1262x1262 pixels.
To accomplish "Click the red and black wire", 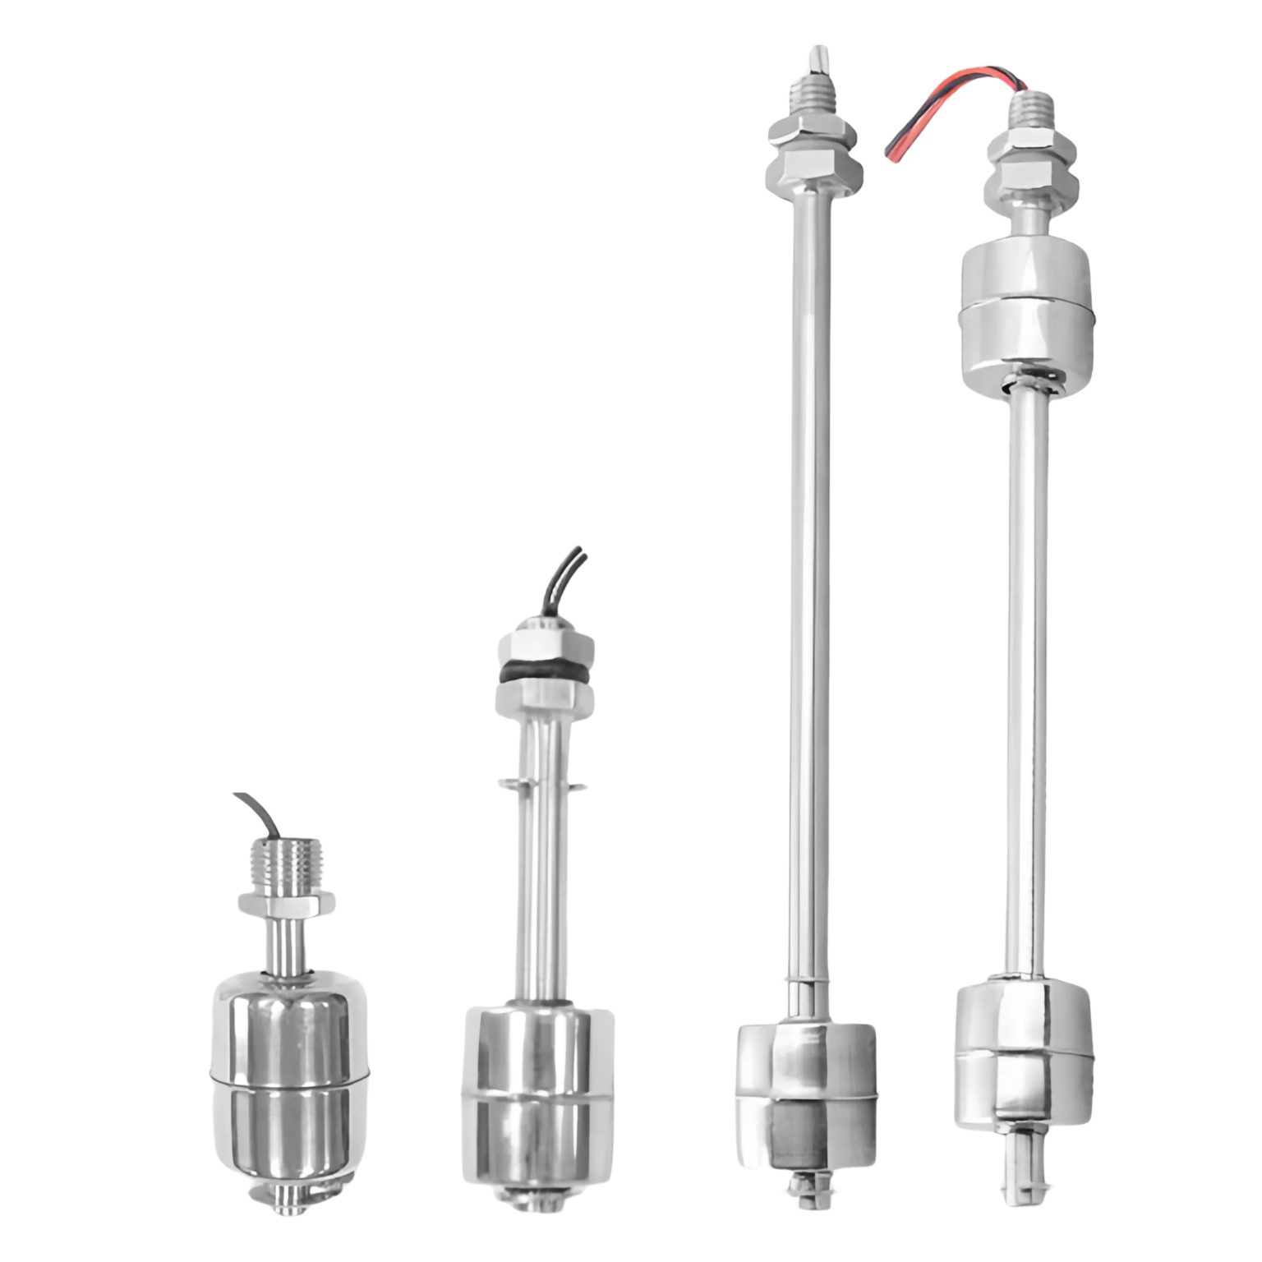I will (945, 113).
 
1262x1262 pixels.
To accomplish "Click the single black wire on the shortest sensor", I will (259, 813).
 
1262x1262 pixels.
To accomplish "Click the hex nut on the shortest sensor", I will (287, 905).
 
